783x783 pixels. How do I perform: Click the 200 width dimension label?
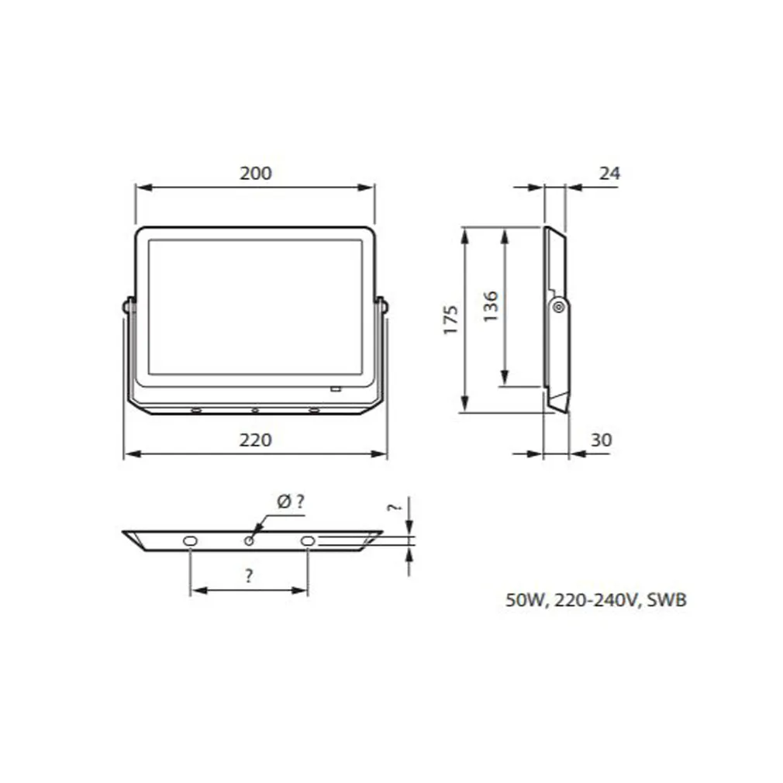(255, 173)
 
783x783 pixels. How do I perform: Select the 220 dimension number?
(255, 440)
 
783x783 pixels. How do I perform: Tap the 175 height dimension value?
(451, 319)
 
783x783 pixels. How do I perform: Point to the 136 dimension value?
(490, 306)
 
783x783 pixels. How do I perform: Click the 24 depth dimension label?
(610, 174)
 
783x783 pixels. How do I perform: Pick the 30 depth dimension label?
(601, 440)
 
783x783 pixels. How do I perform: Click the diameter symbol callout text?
(290, 502)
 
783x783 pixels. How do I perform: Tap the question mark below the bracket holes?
(248, 576)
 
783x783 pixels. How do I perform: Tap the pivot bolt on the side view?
(557, 308)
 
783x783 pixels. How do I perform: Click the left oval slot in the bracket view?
(190, 540)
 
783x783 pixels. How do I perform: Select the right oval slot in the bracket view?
(308, 540)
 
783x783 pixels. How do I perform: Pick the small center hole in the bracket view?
(249, 540)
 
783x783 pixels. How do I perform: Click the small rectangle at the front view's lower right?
(336, 388)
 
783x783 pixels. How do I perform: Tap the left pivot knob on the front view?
(126, 305)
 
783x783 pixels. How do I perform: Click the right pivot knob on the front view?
(383, 305)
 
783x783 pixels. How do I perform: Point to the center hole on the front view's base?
(254, 409)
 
